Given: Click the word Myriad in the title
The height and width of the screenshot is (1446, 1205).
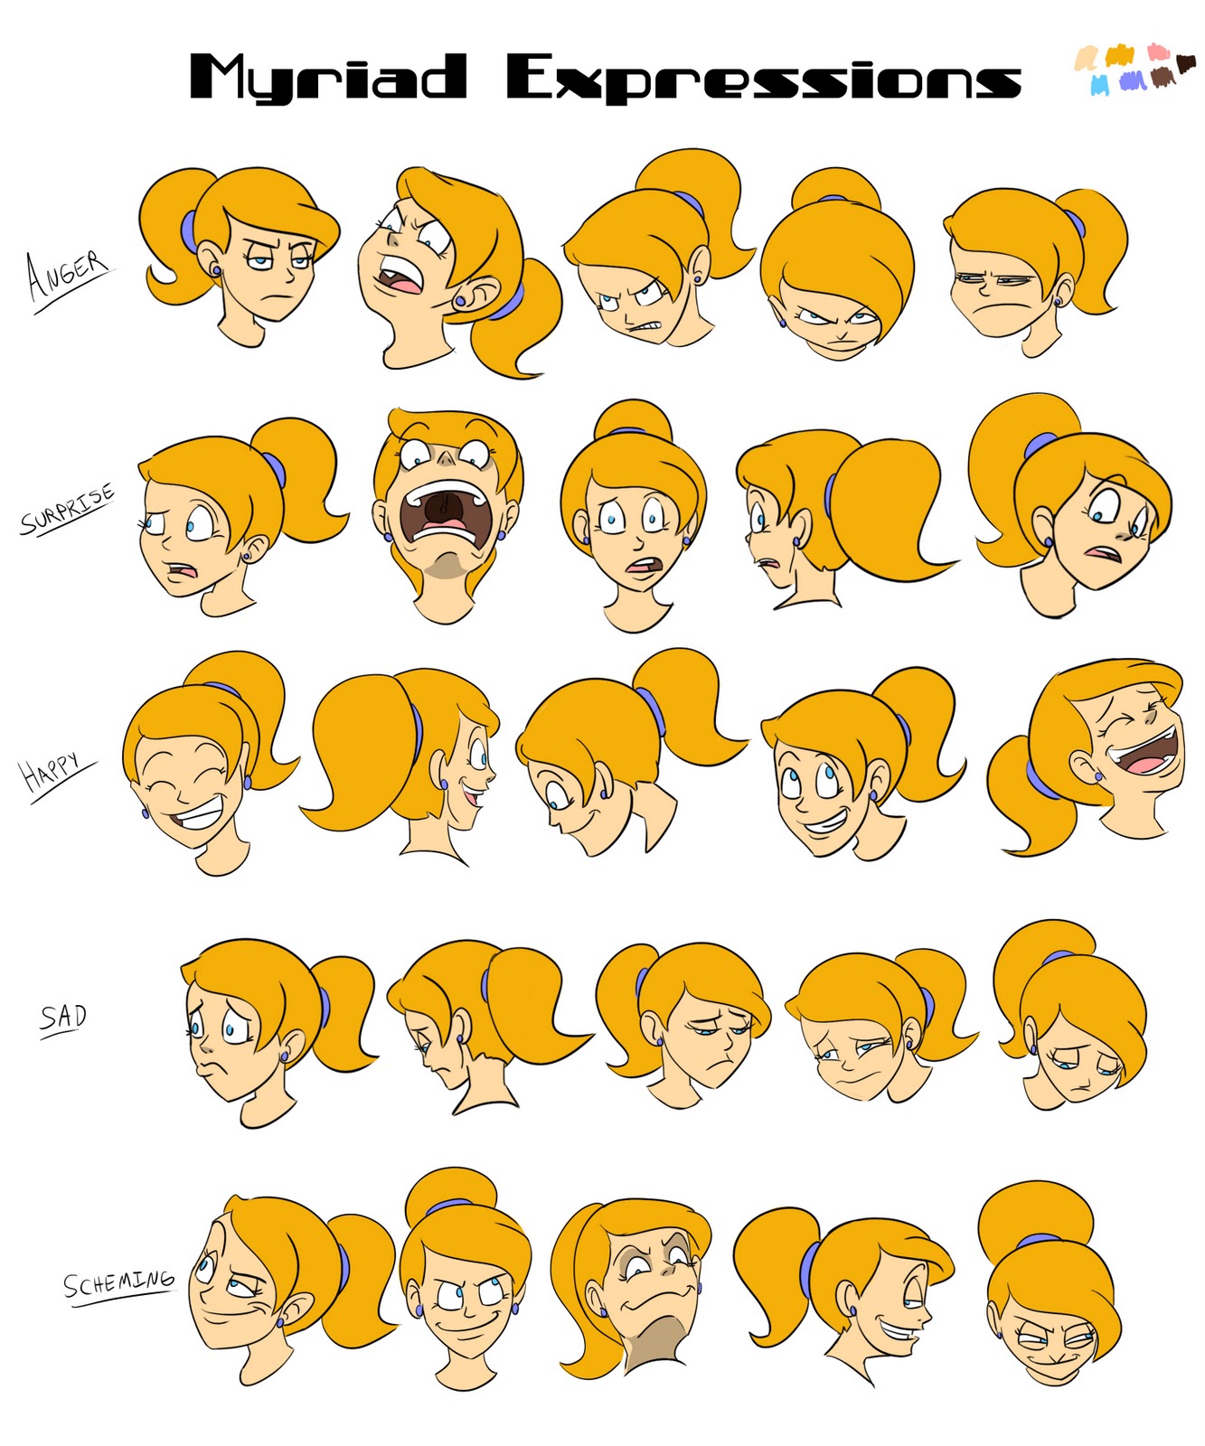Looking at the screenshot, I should pyautogui.click(x=327, y=77).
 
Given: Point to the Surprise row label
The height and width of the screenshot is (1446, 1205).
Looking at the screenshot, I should pyautogui.click(x=67, y=510).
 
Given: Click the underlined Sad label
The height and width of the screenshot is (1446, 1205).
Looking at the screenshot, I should pyautogui.click(x=63, y=1018).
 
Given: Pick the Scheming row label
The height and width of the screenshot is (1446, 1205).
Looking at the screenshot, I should pyautogui.click(x=118, y=1282).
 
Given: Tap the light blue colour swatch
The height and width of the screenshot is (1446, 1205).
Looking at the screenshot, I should pyautogui.click(x=1099, y=84).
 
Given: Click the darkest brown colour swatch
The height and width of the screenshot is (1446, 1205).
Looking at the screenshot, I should pyautogui.click(x=1185, y=62).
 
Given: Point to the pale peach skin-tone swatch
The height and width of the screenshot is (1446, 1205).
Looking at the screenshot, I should pyautogui.click(x=1085, y=60).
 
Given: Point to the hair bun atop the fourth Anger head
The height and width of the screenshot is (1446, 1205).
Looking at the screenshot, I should pyautogui.click(x=835, y=187).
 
